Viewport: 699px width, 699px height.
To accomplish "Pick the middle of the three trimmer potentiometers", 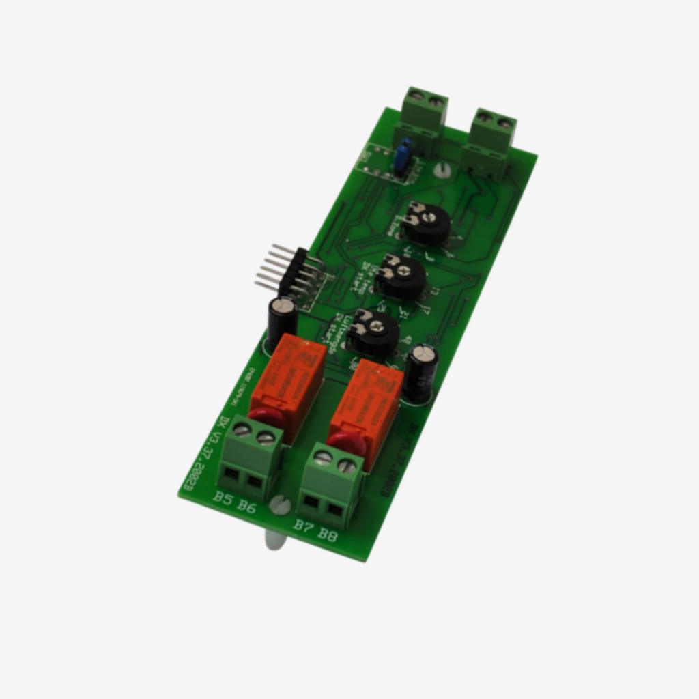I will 401,276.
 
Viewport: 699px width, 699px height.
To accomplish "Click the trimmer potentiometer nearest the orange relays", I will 373,332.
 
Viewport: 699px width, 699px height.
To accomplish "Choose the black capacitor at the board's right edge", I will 420,373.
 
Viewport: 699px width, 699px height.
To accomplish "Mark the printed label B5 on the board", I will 223,497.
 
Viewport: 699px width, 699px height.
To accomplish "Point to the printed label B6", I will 246,505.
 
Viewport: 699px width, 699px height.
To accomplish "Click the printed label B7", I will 304,525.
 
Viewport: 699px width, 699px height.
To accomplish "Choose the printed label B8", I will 328,534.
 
